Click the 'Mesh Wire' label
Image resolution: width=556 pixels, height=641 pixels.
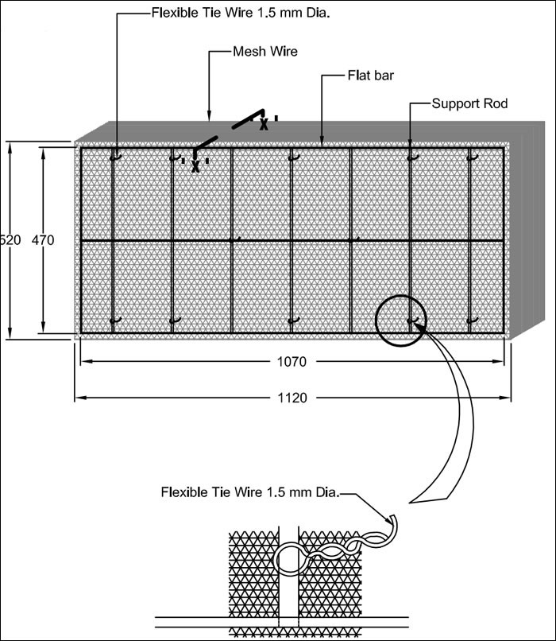265,52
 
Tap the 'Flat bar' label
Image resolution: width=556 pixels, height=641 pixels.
371,76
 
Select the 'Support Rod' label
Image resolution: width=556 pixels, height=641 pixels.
470,103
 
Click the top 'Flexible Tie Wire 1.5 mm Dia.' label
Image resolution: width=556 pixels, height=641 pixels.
241,13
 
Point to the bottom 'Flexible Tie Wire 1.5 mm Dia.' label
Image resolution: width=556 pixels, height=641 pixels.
250,491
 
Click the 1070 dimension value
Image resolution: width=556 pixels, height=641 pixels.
292,361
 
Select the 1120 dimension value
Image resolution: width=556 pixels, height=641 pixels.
292,398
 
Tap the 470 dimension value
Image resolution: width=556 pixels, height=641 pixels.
43,240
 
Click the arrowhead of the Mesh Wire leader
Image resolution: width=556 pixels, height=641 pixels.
210,117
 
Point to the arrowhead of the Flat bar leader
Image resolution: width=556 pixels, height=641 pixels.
322,142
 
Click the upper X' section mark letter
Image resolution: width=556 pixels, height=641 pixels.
264,124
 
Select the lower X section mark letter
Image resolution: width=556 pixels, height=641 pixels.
195,166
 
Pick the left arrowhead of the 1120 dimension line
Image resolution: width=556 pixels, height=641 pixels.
81,398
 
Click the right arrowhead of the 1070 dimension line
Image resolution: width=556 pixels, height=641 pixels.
498,361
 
